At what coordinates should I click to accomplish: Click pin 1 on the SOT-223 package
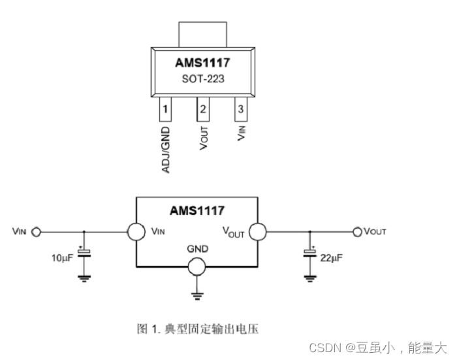[166, 110]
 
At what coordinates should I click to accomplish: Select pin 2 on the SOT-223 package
[204, 110]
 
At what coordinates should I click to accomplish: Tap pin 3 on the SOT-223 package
[242, 110]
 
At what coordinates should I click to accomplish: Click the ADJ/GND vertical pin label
[166, 150]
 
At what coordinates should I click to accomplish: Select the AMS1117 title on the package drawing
[204, 64]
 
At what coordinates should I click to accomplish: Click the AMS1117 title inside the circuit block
[197, 211]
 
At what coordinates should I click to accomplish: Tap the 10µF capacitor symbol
[84, 254]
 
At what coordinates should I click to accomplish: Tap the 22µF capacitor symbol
[309, 254]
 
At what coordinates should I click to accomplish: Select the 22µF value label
[331, 257]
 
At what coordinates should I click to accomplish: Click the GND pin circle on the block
[197, 267]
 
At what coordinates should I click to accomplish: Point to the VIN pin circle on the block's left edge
[136, 231]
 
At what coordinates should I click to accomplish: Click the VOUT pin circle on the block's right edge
[257, 231]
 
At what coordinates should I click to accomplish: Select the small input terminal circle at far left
[37, 231]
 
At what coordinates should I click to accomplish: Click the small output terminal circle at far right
[357, 231]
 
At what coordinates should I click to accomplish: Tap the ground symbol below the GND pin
[197, 296]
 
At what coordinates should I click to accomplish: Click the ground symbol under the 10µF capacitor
[84, 278]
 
